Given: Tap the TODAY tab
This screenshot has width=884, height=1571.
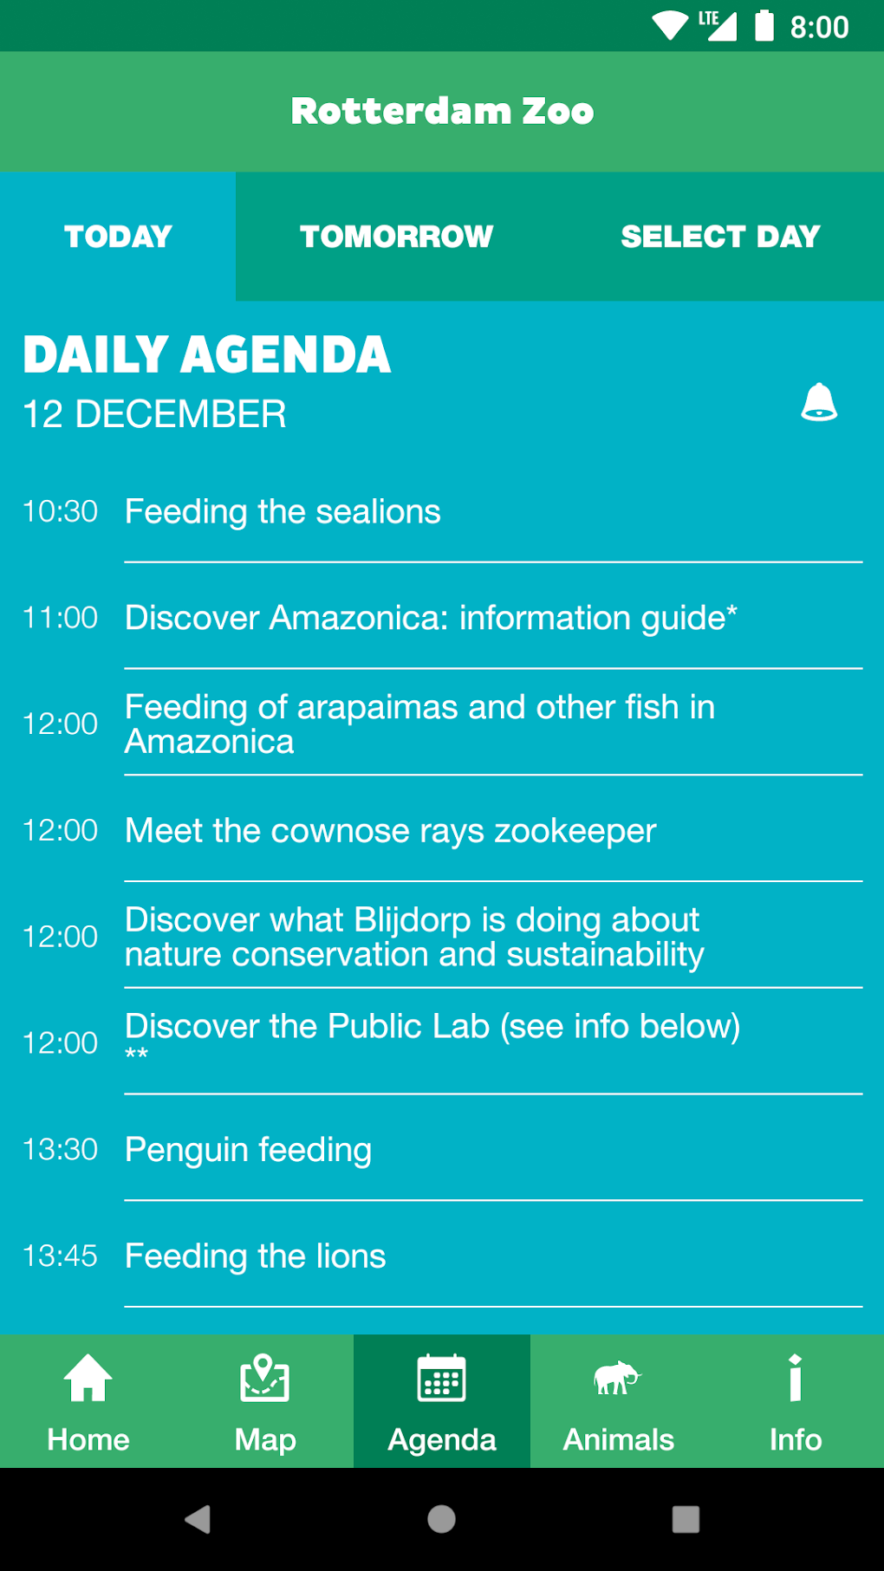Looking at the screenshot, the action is (118, 237).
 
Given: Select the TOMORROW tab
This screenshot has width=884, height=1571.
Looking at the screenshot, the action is (397, 237).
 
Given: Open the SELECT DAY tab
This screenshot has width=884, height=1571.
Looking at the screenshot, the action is (720, 237).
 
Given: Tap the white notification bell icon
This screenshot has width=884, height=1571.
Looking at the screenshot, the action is (819, 402).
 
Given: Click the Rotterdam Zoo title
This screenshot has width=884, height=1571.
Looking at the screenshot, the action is (442, 111).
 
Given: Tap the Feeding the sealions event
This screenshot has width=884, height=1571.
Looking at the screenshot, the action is (283, 511).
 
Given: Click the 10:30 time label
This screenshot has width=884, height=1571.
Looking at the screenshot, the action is (60, 511).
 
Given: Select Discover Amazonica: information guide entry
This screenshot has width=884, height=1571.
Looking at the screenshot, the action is (431, 618).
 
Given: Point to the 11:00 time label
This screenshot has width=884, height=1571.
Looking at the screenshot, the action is (60, 618).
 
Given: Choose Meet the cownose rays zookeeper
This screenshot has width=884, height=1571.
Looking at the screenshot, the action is (390, 831).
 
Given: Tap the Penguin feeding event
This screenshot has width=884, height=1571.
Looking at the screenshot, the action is (248, 1150).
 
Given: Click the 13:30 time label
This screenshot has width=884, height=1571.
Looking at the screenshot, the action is (60, 1149).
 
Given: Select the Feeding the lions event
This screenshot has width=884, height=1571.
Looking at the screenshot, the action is (255, 1256).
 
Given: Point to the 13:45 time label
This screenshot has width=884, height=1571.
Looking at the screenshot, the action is (60, 1256).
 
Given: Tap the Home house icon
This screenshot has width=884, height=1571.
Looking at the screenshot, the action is (88, 1377).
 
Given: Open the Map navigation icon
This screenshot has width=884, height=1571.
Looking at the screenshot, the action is (265, 1377).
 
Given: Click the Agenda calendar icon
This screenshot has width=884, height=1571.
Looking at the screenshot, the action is (442, 1377).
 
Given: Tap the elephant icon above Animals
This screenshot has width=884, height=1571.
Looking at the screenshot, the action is (617, 1377).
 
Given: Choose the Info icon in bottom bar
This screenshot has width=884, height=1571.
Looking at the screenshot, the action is (796, 1377).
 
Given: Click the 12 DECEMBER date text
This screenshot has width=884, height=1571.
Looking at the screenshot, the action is (154, 414).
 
